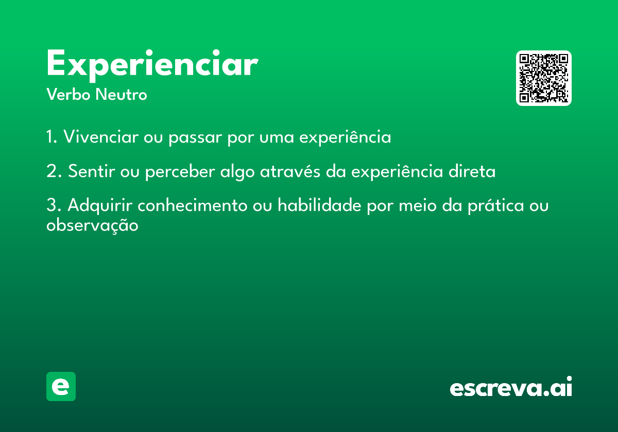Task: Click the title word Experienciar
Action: tap(152, 65)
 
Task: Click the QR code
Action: tap(544, 78)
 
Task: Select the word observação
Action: tap(92, 225)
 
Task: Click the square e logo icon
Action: tap(61, 386)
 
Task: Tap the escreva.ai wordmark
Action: tap(511, 387)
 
